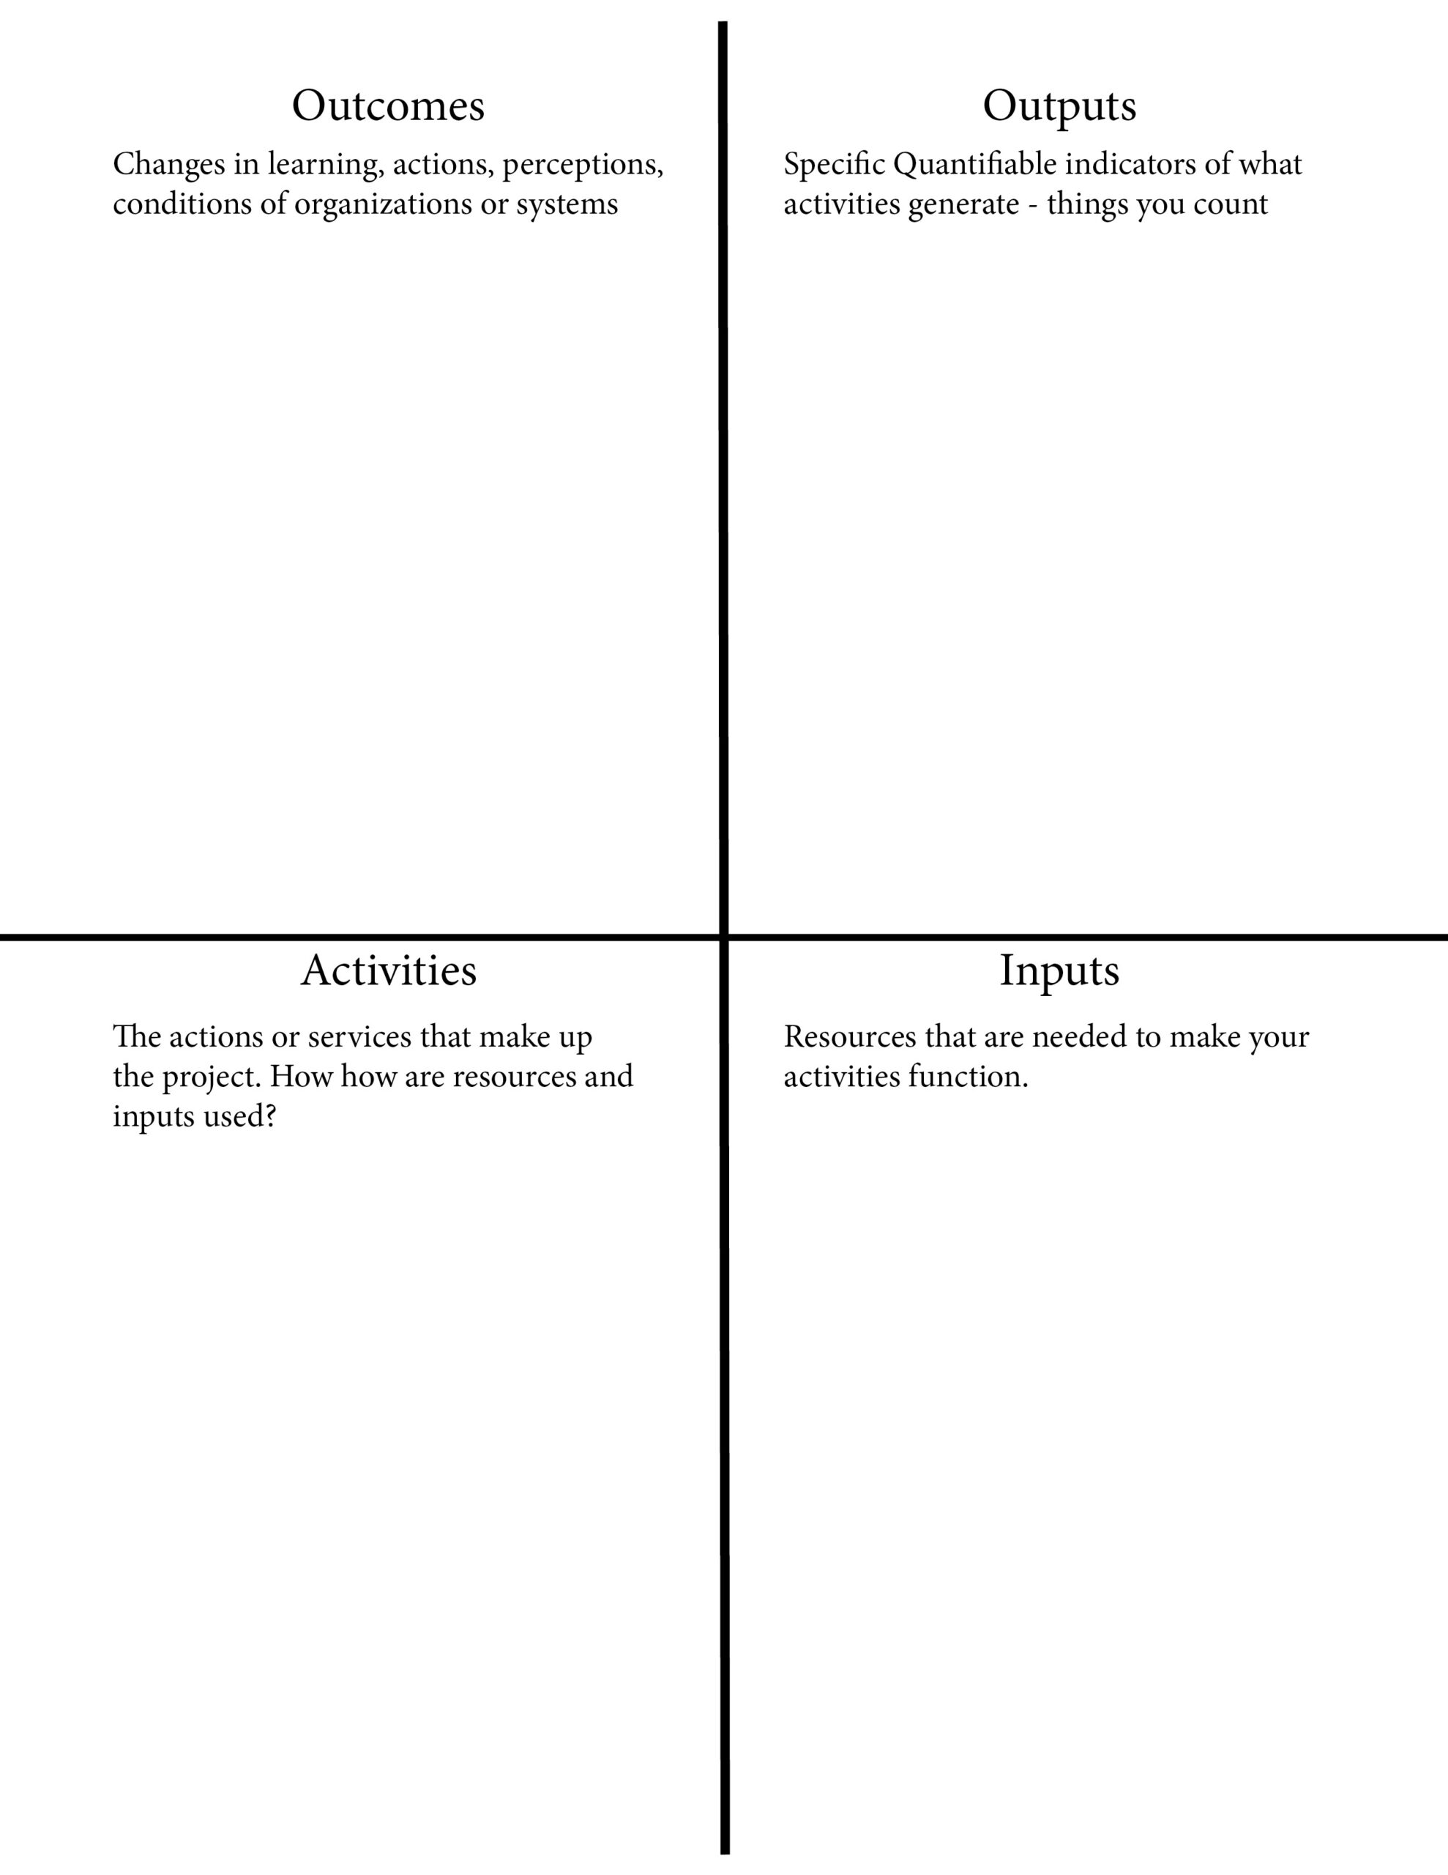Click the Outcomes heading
click(x=388, y=105)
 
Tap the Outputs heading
click(x=1059, y=106)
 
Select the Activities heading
click(x=388, y=970)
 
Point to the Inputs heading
click(x=1059, y=971)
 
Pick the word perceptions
click(x=582, y=165)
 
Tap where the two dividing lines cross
click(x=723, y=937)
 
